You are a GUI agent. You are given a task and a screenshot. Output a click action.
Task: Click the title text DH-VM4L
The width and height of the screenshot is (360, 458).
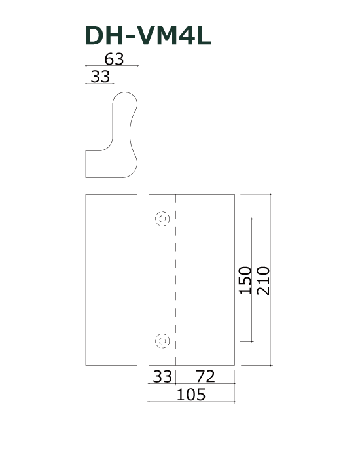click(148, 36)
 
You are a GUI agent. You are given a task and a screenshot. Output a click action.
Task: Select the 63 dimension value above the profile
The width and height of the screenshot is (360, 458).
click(114, 59)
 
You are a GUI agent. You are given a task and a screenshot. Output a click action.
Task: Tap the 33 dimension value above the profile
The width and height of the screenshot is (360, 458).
click(100, 77)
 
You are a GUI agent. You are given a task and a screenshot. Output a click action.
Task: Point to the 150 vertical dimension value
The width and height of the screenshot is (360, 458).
click(245, 280)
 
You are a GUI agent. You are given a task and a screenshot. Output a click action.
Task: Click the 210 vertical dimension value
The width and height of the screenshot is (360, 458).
click(264, 280)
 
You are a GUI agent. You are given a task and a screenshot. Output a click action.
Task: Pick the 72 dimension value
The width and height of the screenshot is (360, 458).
click(206, 376)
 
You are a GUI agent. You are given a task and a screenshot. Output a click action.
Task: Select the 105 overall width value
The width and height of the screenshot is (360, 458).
click(192, 395)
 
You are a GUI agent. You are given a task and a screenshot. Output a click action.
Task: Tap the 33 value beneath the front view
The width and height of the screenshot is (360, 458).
click(163, 376)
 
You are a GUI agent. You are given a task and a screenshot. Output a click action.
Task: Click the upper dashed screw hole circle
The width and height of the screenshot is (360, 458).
click(162, 219)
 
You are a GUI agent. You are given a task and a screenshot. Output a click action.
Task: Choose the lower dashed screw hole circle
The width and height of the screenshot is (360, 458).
click(162, 340)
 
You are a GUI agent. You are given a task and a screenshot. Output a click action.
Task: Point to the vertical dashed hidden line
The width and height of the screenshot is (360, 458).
click(177, 281)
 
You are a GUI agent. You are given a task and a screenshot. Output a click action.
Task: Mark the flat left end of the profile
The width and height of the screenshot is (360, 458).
click(86, 164)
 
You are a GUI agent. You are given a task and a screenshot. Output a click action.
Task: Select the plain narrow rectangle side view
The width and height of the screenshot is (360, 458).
click(111, 280)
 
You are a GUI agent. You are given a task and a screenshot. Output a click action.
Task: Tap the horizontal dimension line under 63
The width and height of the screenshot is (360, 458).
click(111, 66)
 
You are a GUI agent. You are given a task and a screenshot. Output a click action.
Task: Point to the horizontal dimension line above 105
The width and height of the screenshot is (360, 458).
click(192, 384)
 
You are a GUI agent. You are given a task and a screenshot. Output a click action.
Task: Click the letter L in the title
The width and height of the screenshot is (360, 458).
click(202, 36)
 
